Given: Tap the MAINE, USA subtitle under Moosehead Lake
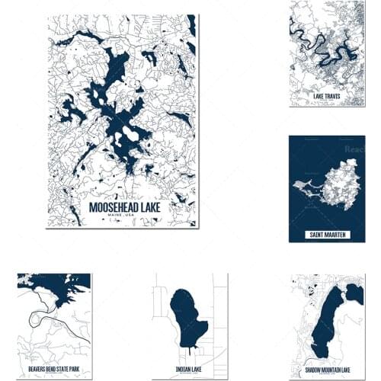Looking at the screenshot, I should (x=122, y=216).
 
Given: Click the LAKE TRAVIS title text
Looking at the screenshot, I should (x=327, y=97).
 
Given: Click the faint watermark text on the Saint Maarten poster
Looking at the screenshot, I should (x=353, y=150).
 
